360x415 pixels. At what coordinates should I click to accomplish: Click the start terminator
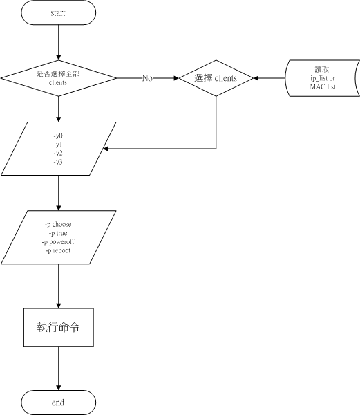point(59,12)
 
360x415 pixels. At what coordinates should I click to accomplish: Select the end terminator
point(59,403)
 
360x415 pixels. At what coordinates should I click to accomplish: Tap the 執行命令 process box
point(59,327)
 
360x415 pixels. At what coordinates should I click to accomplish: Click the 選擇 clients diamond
point(216,78)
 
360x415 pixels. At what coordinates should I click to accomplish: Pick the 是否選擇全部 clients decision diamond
point(59,78)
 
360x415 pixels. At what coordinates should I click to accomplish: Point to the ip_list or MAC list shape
point(323,78)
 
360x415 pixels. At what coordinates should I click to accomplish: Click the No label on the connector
point(147,78)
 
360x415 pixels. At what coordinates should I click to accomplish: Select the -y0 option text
point(58,136)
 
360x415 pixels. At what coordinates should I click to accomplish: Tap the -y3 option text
point(58,162)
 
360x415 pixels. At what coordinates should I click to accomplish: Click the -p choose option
point(58,224)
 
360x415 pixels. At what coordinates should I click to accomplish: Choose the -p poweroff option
point(58,242)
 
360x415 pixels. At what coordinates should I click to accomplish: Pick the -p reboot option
point(58,250)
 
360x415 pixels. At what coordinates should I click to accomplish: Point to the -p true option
point(58,233)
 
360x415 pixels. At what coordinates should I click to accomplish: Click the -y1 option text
point(58,145)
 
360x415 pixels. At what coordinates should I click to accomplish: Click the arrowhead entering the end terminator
point(59,388)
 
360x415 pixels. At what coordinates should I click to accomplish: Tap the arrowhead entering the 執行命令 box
point(59,306)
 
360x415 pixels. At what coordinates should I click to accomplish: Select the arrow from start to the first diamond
point(59,42)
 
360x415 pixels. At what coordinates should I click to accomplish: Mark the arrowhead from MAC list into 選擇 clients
point(256,78)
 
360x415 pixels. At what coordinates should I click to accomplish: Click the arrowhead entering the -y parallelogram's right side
point(105,149)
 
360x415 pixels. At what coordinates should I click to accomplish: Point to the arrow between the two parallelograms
point(59,193)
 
